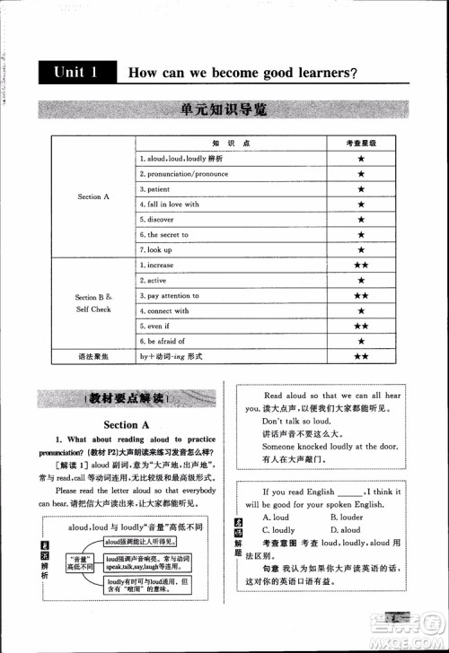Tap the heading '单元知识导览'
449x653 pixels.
click(224, 111)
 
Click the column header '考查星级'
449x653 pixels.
click(360, 144)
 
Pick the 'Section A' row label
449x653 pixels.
click(93, 196)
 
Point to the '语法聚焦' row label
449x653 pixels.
click(93, 357)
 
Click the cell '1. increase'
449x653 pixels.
click(157, 266)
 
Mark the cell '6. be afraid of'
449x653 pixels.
click(163, 342)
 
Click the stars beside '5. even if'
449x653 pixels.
click(360, 326)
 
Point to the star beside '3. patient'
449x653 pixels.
click(360, 189)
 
